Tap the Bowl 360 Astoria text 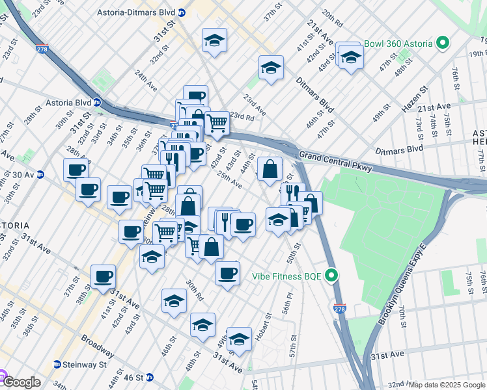coord(398,44)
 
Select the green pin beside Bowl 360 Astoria coord(443,44)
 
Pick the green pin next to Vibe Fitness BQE coord(333,276)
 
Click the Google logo coord(21,382)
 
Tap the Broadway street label coord(98,346)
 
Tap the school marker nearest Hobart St coord(239,339)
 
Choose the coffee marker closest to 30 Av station coord(76,170)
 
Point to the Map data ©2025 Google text coord(447,385)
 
